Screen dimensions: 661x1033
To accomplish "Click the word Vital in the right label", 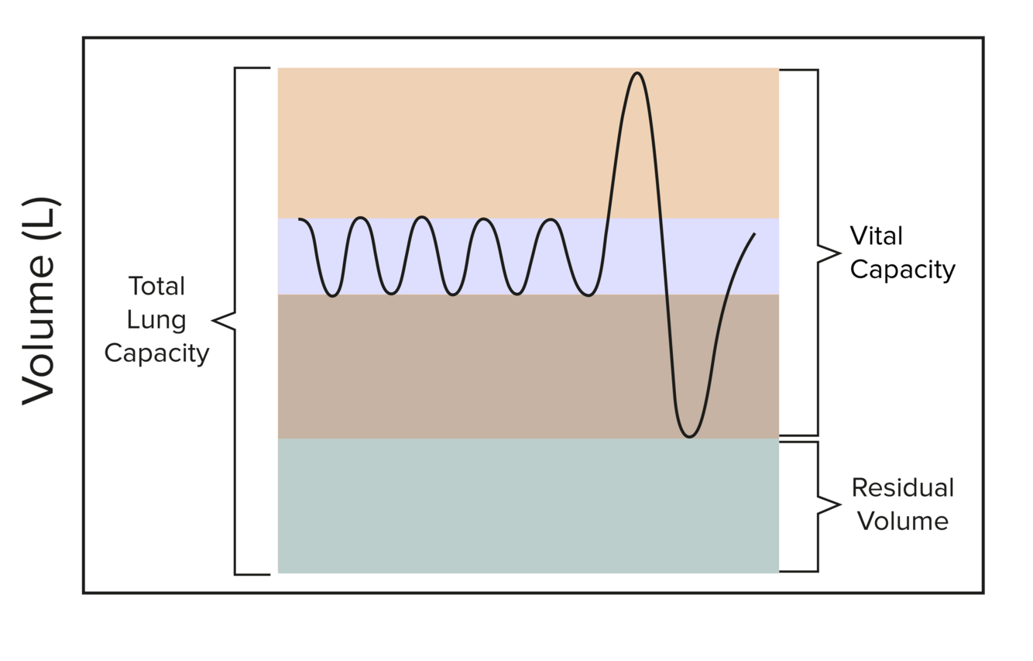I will point(876,236).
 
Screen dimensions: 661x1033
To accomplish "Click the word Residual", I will point(902,487).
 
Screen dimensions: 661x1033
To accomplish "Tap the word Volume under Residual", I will point(902,521).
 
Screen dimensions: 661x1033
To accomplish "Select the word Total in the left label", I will point(156,286).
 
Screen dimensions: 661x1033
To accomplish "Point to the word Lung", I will point(156,319).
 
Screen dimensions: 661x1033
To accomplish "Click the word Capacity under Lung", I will point(156,353).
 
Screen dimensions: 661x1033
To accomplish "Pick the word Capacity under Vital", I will point(902,270).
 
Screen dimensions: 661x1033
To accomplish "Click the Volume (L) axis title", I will point(39,301).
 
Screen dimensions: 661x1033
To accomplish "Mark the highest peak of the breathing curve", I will point(637,74).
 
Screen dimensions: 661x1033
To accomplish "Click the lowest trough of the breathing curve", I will point(689,436).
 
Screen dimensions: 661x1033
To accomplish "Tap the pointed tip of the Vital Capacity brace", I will point(839,253).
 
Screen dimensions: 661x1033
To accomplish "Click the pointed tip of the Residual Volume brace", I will point(839,505).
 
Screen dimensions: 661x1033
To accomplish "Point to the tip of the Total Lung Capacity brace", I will point(214,319).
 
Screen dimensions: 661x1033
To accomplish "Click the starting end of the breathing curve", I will point(299,219).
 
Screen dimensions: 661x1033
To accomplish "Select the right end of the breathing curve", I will point(754,233).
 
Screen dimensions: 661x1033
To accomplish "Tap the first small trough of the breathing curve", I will point(332,296).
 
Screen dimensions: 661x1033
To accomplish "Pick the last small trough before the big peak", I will point(589,296).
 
